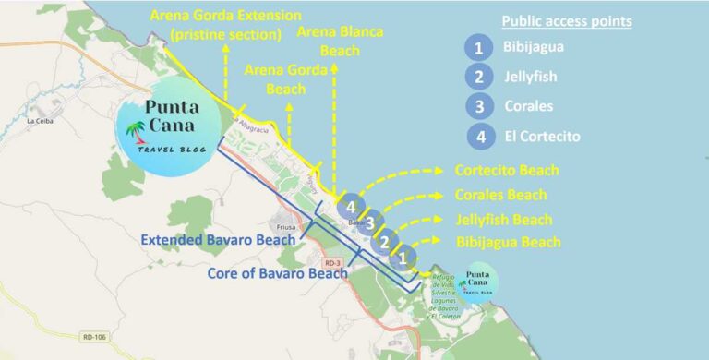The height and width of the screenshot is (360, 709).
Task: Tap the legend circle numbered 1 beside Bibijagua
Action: pyautogui.click(x=477, y=46)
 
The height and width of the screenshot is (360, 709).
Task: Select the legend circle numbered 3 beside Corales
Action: pyautogui.click(x=477, y=105)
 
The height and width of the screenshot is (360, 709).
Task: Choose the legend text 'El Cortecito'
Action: pyautogui.click(x=542, y=136)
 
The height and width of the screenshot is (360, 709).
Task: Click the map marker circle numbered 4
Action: pyautogui.click(x=351, y=207)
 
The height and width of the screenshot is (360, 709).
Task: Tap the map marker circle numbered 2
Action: pyautogui.click(x=385, y=240)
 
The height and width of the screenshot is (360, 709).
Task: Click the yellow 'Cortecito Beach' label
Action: pyautogui.click(x=507, y=171)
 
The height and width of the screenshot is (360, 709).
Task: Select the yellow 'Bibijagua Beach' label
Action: pyautogui.click(x=508, y=242)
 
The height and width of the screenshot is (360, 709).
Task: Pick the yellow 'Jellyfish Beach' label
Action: pyautogui.click(x=504, y=219)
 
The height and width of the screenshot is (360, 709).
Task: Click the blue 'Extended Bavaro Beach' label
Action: pyautogui.click(x=218, y=240)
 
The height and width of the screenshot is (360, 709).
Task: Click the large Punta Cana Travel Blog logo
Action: pyautogui.click(x=172, y=130)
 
